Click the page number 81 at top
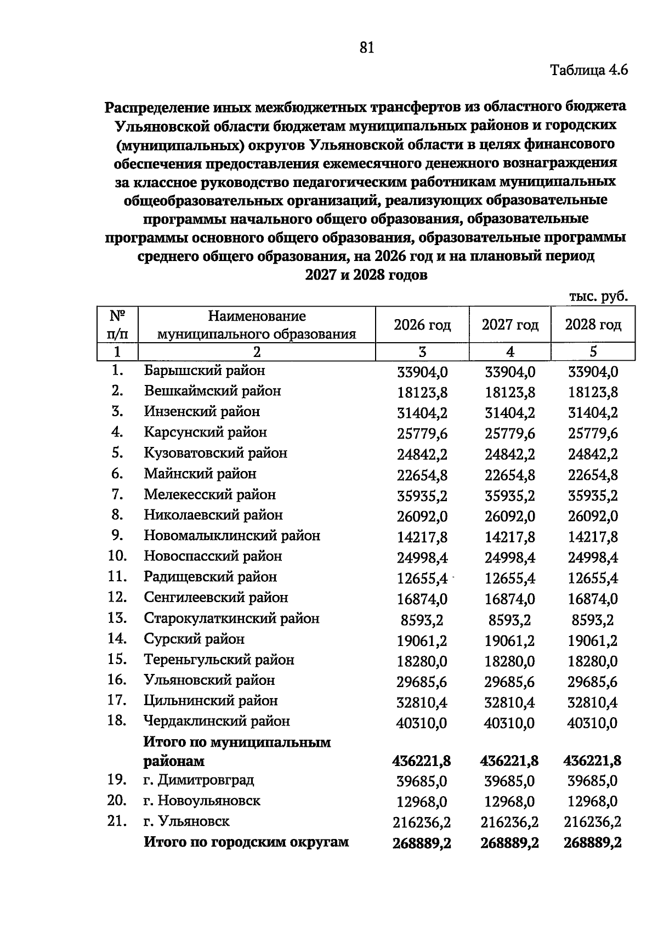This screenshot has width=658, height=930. click(367, 48)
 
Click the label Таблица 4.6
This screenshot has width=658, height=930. click(588, 71)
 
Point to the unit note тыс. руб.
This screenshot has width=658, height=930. click(598, 297)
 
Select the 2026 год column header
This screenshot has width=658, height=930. click(422, 325)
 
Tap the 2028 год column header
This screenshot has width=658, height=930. click(593, 325)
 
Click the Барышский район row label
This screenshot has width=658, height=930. click(205, 371)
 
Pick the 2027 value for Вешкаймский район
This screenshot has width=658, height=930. click(510, 393)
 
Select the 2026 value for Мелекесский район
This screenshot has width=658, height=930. click(422, 496)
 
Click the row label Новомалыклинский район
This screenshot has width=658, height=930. click(232, 536)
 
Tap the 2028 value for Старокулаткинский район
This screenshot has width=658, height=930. click(593, 620)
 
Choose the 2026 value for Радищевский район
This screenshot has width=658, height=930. click(422, 579)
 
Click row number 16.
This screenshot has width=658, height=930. click(117, 680)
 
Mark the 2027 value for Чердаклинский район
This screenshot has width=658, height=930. click(509, 723)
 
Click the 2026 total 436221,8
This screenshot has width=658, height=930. click(422, 761)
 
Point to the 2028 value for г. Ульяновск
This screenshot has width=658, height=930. click(593, 822)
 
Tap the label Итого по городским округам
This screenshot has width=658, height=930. click(246, 842)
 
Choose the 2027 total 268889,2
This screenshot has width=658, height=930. click(509, 843)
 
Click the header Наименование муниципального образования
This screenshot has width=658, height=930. click(257, 325)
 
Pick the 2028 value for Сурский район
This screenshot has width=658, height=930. click(593, 640)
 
